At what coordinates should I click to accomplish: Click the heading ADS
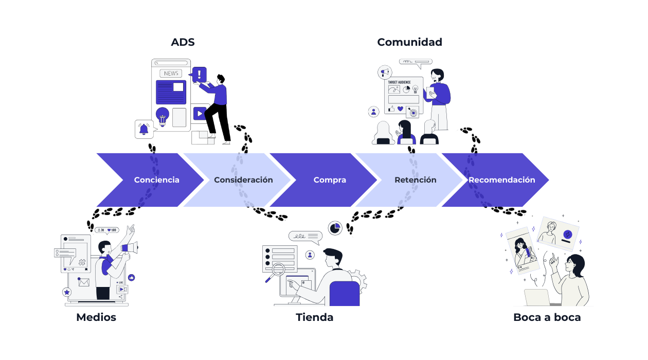click(x=183, y=42)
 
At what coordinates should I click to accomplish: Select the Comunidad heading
click(x=409, y=42)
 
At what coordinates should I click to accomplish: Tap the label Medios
click(x=96, y=317)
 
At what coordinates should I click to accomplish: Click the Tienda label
click(x=314, y=317)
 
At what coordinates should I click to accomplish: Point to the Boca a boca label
click(x=547, y=317)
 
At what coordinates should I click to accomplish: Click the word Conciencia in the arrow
click(x=156, y=180)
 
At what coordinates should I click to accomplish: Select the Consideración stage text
click(x=243, y=180)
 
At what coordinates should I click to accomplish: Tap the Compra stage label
click(x=330, y=180)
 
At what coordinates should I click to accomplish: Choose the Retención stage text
click(x=415, y=180)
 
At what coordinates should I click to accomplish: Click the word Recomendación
click(x=501, y=180)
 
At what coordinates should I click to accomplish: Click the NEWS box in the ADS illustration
click(x=171, y=74)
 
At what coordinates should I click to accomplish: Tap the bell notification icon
click(x=143, y=129)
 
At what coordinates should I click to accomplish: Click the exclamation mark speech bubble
click(x=199, y=75)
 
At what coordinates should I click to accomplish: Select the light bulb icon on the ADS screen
click(x=163, y=117)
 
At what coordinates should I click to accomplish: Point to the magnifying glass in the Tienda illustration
click(x=277, y=269)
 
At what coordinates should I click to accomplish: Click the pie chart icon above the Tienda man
click(x=335, y=228)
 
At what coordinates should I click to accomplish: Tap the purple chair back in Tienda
click(x=344, y=294)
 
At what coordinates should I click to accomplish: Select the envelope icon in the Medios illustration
click(x=84, y=282)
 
